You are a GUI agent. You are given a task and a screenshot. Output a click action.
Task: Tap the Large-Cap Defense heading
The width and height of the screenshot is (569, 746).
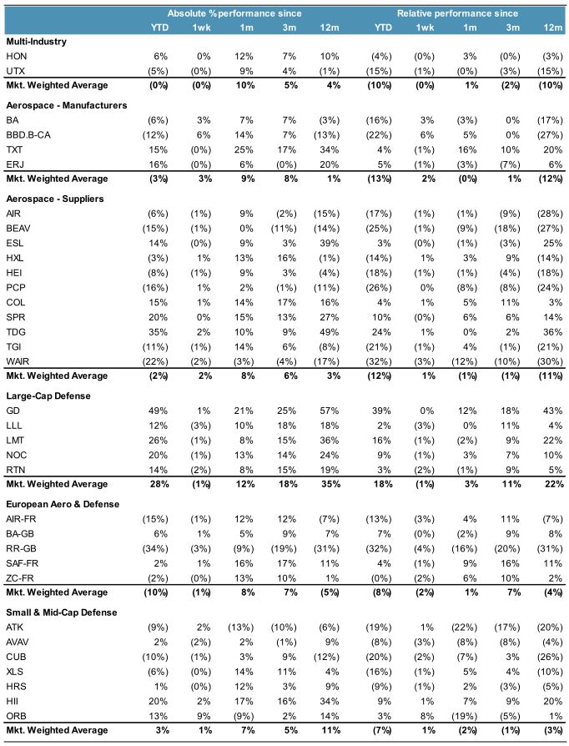coord(48,396)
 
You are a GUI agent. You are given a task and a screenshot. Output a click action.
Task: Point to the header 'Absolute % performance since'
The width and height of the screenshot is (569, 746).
coord(234,13)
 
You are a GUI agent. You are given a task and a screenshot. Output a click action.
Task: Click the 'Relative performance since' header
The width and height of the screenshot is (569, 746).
coord(457,13)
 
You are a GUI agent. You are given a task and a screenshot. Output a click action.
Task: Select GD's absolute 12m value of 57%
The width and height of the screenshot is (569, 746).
coord(331,411)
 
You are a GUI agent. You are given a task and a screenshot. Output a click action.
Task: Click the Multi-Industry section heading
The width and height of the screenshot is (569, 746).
coord(36,41)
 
